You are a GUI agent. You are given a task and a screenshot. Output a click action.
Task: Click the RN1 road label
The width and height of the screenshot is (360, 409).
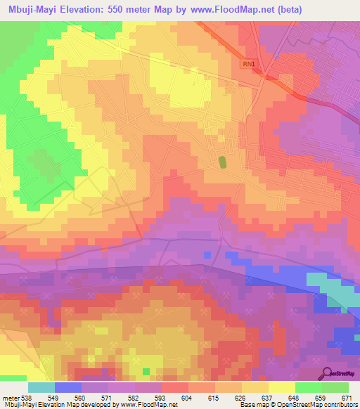pos(249,65)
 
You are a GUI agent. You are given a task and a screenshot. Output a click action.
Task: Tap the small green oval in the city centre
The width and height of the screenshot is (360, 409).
pos(223,162)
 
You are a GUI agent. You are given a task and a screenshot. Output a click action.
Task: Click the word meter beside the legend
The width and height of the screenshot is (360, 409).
pos(9,397)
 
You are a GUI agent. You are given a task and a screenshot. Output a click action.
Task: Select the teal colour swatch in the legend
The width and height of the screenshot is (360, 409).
pos(41,387)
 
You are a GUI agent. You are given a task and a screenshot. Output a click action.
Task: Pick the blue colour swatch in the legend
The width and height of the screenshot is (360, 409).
pos(67,387)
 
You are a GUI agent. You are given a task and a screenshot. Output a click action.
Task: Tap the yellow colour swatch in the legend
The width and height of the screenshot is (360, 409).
pos(281,387)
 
